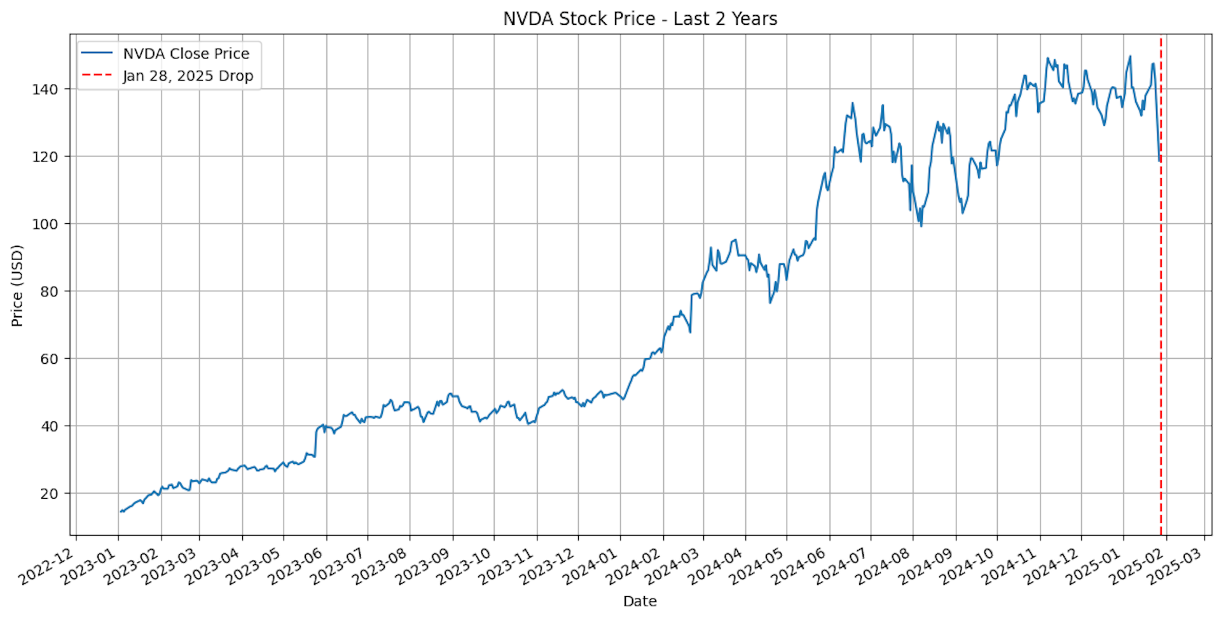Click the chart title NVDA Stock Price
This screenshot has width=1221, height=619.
point(640,18)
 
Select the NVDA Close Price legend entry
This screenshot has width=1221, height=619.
point(186,53)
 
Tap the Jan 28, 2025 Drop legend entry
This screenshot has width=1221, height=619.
point(188,76)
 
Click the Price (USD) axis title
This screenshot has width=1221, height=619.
point(17,286)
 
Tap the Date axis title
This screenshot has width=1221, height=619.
point(640,601)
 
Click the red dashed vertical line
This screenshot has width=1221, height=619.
point(1161,318)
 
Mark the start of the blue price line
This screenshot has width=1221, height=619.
point(120,511)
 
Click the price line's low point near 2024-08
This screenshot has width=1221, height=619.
point(921,226)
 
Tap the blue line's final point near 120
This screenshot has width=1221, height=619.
point(1160,160)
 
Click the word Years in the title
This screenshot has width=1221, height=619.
point(754,18)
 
